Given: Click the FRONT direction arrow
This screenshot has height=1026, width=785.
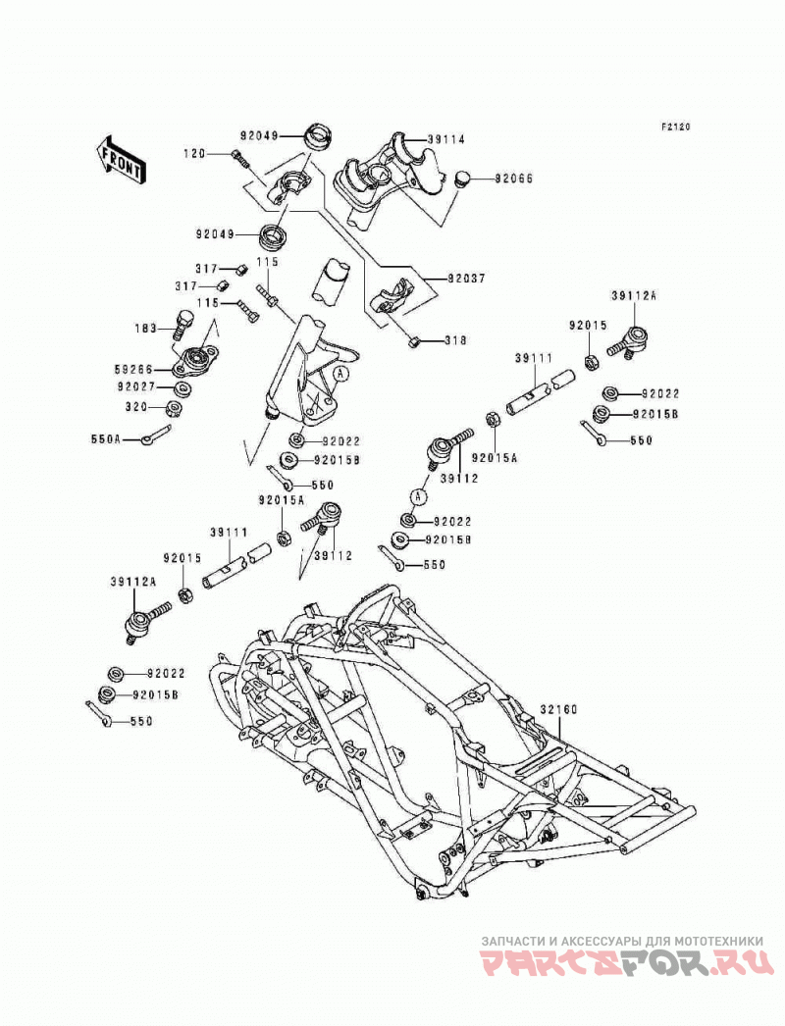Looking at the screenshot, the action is click(121, 160).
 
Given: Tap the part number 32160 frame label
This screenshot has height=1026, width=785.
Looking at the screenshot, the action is click(558, 710).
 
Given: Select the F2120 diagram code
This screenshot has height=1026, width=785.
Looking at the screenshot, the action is click(674, 128).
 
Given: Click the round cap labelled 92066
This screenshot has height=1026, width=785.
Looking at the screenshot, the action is click(463, 178).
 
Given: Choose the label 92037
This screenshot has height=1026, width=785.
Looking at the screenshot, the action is click(466, 279).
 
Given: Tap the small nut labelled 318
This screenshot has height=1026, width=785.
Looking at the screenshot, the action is click(413, 340).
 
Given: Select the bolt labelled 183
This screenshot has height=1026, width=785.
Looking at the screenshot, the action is click(183, 324).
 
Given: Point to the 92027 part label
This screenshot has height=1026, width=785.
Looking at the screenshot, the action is click(136, 387).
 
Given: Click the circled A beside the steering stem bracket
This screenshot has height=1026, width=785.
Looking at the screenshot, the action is click(340, 374).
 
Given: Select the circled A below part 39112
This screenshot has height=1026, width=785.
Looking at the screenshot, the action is click(419, 496).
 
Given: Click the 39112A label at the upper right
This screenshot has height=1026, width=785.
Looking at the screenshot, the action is click(633, 296).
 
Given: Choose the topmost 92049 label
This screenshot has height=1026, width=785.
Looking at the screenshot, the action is click(259, 136).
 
